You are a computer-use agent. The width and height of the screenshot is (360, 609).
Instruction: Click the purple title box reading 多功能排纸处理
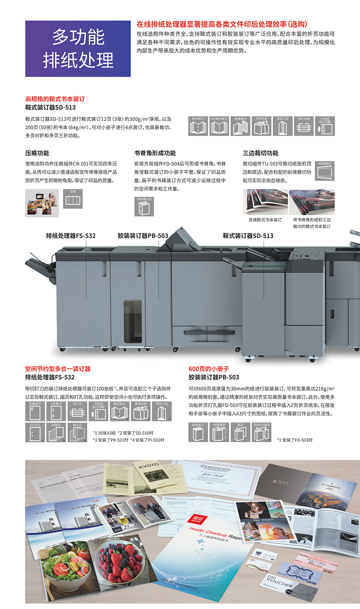pos(78,48)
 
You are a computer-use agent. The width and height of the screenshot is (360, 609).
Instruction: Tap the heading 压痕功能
pos(37,153)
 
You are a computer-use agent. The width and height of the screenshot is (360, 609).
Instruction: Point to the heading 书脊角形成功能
pos(154,153)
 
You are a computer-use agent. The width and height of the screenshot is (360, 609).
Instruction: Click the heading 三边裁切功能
pos(260,153)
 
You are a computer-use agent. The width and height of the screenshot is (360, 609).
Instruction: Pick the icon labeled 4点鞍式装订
pos(219,126)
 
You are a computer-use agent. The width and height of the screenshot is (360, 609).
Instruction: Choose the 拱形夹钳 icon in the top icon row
pos(303,126)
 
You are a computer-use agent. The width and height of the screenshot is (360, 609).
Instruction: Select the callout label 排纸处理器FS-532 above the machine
pos(71,236)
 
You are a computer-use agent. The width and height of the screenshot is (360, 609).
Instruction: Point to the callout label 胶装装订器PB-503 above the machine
pos(143,236)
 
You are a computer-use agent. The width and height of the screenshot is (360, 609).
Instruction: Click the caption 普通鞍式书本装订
pos(265,220)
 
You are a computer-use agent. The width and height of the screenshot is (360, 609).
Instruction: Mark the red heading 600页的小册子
pos(209,369)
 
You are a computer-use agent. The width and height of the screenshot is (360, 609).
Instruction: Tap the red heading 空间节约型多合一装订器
pos(58,369)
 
